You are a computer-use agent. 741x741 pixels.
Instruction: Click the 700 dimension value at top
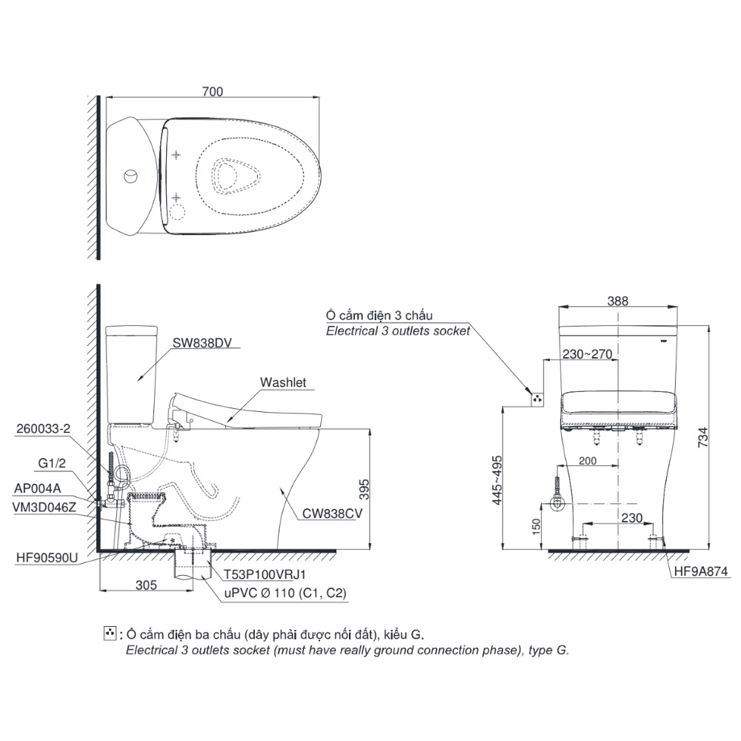click(x=213, y=92)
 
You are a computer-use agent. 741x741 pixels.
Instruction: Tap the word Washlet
click(x=282, y=383)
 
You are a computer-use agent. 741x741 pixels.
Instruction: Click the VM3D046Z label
click(x=44, y=508)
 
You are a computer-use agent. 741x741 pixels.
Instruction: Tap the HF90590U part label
click(x=42, y=556)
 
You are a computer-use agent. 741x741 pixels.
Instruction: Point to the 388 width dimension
click(x=617, y=301)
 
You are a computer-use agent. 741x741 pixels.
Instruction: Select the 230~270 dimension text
click(x=586, y=354)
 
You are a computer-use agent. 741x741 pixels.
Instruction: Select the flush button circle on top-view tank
click(x=130, y=176)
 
